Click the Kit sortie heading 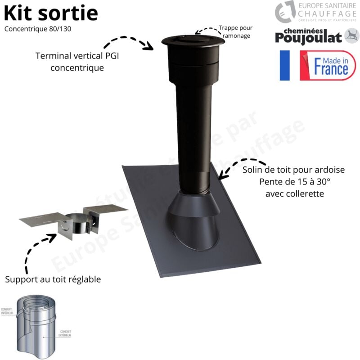[x=51, y=13]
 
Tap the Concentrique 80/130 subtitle [x=38, y=29]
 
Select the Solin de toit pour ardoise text [x=294, y=171]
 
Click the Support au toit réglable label [x=53, y=279]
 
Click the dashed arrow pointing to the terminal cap [x=128, y=41]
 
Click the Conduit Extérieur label [x=64, y=334]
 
